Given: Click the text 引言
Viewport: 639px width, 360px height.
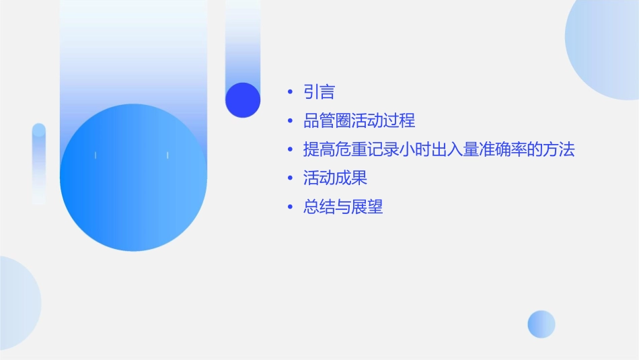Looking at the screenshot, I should tap(319, 92).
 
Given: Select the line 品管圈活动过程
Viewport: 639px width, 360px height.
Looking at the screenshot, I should tap(359, 120).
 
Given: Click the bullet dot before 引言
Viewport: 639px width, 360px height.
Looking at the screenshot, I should tap(289, 92).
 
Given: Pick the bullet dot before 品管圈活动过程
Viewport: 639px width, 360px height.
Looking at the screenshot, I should tap(289, 121).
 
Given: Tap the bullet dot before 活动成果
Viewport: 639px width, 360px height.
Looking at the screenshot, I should tap(289, 179).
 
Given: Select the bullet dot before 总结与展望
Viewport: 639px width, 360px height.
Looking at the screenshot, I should tap(289, 208).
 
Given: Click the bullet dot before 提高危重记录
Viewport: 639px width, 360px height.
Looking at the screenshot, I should tap(289, 150).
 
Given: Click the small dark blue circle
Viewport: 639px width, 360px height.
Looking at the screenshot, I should tap(243, 100).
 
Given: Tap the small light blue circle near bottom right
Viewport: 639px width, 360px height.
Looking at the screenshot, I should tap(541, 324).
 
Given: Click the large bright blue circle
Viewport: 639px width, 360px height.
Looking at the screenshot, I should tap(133, 178).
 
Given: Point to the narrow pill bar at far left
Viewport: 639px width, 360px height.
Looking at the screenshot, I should tap(39, 164).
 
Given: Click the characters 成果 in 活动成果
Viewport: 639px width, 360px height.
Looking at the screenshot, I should tap(351, 178).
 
